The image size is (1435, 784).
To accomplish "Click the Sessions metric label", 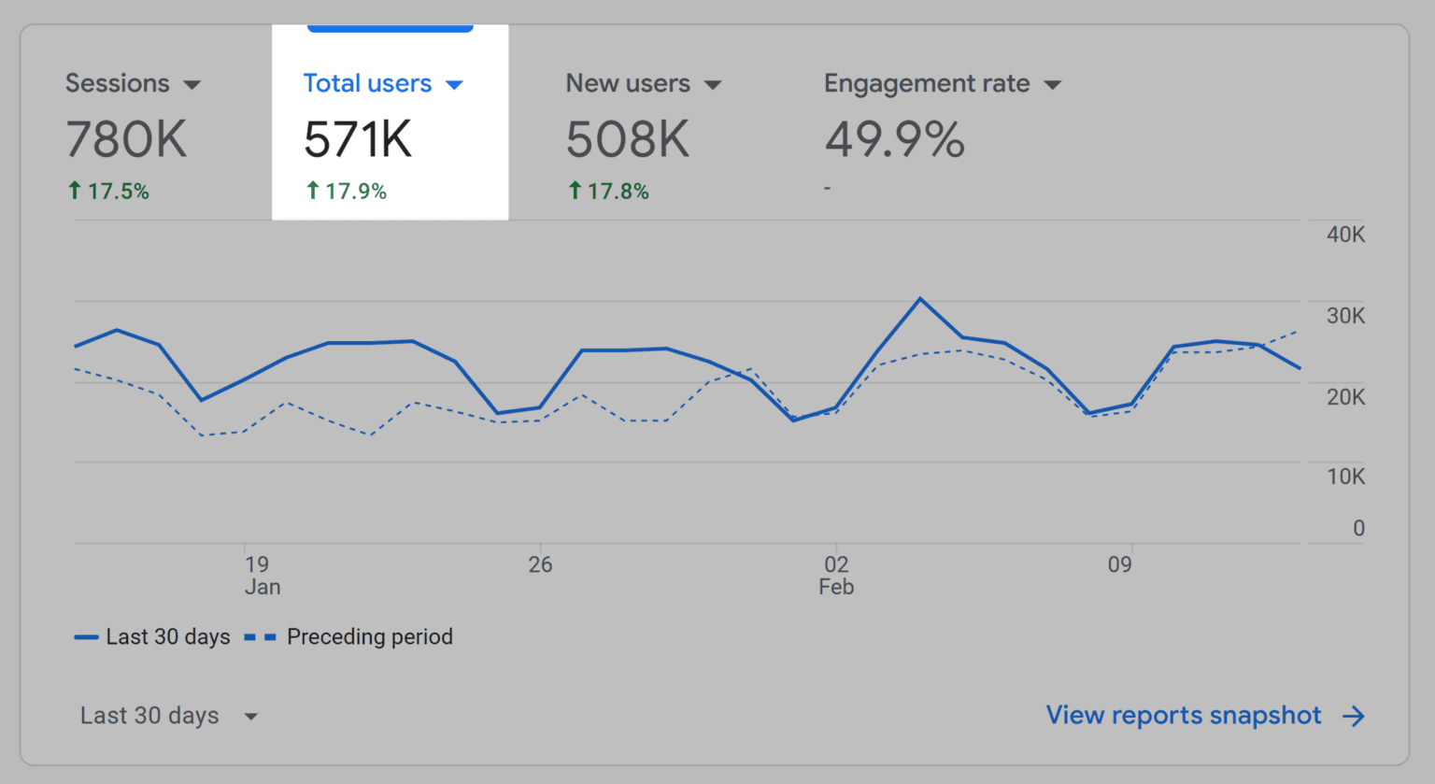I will click(118, 83).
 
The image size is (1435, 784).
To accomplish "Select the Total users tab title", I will click(367, 83).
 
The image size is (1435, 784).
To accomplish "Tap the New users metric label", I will click(628, 83).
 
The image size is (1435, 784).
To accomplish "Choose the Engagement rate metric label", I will click(927, 83).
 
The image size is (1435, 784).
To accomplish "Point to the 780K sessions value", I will click(126, 140).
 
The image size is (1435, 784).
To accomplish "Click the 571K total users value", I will click(358, 140).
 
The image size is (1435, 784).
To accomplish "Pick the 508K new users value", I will click(628, 140).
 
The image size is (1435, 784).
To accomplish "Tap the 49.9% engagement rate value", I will click(894, 140).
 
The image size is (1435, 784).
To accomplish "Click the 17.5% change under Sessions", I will click(108, 192).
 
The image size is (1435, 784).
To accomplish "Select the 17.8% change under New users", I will click(608, 192).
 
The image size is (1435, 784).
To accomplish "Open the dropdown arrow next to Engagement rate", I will click(1053, 85).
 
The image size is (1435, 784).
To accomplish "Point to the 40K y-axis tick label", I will click(1345, 235).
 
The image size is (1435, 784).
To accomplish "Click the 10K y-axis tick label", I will click(1345, 477).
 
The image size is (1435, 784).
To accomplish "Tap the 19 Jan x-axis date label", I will click(261, 575).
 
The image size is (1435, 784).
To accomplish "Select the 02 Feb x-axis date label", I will click(836, 575).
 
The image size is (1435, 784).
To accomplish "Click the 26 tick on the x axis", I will click(540, 564).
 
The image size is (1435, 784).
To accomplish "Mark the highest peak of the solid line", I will click(920, 299).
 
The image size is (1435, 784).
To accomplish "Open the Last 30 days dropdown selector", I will click(168, 716).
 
